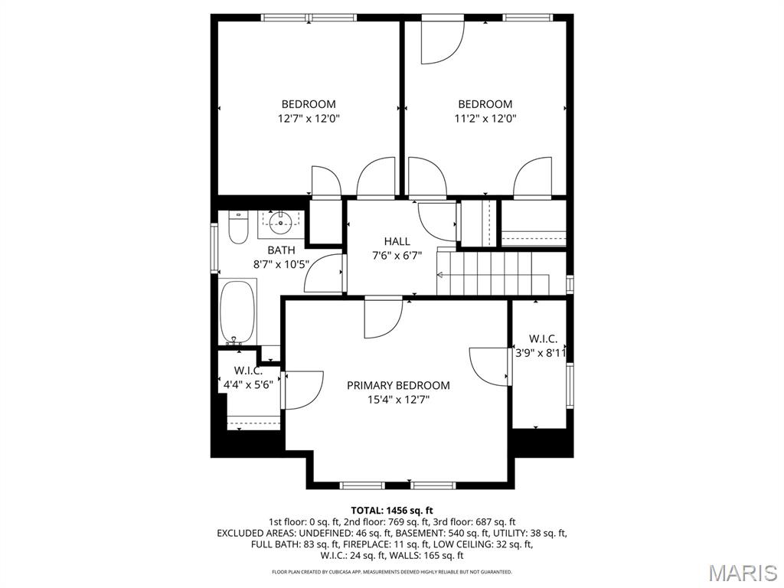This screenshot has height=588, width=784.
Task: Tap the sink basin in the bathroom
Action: coord(281,224)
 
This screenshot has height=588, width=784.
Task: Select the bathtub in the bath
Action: coord(237,313)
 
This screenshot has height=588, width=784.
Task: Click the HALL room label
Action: coord(397,242)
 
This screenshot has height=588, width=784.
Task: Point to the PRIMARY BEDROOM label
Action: coord(398,385)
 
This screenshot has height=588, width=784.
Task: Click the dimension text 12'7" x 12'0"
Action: coord(308,119)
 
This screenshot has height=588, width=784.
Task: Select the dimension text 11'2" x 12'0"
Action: coord(485,119)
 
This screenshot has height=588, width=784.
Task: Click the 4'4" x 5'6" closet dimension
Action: coord(247,385)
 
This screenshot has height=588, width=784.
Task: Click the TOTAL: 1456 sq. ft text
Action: coord(392,510)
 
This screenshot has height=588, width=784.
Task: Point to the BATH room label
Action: coord(281,250)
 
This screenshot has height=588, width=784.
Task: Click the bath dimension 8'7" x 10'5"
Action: coord(281,264)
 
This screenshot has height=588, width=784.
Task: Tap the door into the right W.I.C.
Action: coord(490,366)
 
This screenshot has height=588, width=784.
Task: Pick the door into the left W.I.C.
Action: coord(302,390)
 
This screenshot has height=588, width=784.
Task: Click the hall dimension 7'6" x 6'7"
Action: coord(397,256)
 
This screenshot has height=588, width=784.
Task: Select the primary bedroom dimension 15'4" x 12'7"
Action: coord(398,399)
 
